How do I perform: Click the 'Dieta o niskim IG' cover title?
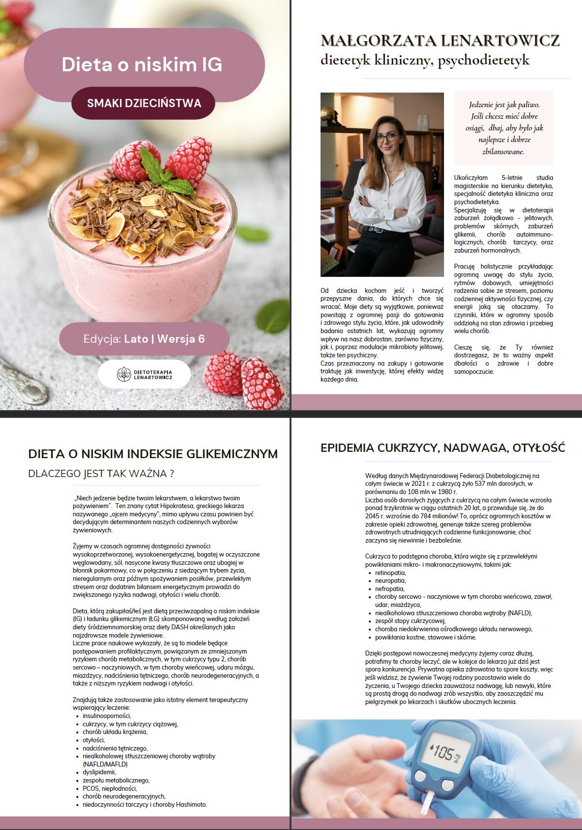click(x=142, y=64)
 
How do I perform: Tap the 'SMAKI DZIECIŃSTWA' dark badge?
click(x=144, y=103)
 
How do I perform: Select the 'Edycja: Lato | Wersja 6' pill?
click(x=144, y=338)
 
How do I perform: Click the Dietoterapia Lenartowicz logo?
click(x=145, y=374)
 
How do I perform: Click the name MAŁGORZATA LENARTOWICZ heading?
click(x=440, y=41)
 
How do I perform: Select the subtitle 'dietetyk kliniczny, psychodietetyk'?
click(x=425, y=60)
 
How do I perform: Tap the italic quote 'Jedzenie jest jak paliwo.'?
click(x=504, y=105)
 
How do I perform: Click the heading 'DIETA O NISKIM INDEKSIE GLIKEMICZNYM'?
click(x=153, y=454)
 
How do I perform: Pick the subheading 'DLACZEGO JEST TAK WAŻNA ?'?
click(x=101, y=474)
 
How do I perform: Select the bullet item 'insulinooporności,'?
click(x=107, y=716)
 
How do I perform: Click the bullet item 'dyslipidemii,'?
click(x=99, y=772)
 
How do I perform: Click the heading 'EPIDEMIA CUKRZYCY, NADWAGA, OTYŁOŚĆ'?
click(x=443, y=447)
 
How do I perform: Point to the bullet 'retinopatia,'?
click(x=390, y=573)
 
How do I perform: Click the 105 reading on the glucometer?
click(x=443, y=753)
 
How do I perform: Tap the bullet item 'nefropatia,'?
click(x=389, y=589)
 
